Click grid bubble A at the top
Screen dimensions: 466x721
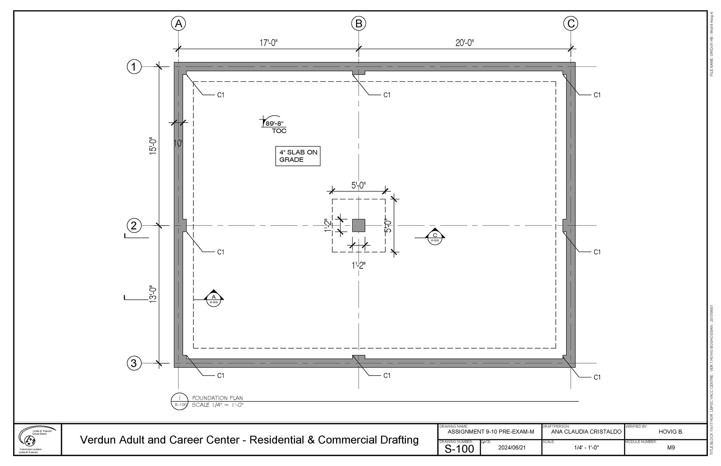coord(178,24)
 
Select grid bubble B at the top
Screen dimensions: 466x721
coord(359,24)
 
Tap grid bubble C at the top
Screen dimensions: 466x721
coord(571,24)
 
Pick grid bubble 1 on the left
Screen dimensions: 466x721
coord(134,67)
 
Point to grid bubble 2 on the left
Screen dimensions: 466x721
coord(134,225)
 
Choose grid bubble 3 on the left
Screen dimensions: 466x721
coord(134,363)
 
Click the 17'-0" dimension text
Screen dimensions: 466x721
coord(268,43)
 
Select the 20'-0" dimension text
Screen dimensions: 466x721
coord(465,43)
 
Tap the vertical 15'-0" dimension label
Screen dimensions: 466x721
coord(153,146)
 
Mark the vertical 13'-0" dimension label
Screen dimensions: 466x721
coord(153,294)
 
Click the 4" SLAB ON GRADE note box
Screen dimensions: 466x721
coord(298,156)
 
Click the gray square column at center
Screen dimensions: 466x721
coord(359,225)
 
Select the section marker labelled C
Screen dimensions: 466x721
coord(435,237)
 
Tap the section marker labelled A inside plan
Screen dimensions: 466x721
coord(214,298)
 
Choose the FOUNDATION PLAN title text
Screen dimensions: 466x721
coord(217,398)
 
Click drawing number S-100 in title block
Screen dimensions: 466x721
coord(459,449)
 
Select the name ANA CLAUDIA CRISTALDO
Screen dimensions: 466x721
coord(586,432)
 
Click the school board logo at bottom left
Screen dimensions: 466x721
coord(37,439)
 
